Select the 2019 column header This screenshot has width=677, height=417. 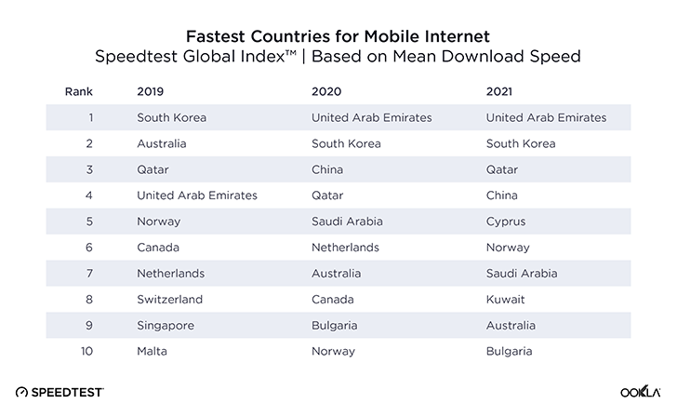(150, 92)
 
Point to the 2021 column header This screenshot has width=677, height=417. (501, 92)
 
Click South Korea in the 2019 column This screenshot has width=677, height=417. (171, 118)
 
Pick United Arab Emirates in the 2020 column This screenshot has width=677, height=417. (371, 118)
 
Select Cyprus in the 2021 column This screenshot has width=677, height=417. (506, 222)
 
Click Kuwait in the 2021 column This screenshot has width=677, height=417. (506, 300)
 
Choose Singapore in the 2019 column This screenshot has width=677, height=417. (165, 326)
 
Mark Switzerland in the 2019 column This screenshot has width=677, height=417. (167, 300)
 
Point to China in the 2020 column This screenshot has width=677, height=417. (327, 170)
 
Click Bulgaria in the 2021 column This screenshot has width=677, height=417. (510, 352)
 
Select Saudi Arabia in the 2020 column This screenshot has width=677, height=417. (348, 222)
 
